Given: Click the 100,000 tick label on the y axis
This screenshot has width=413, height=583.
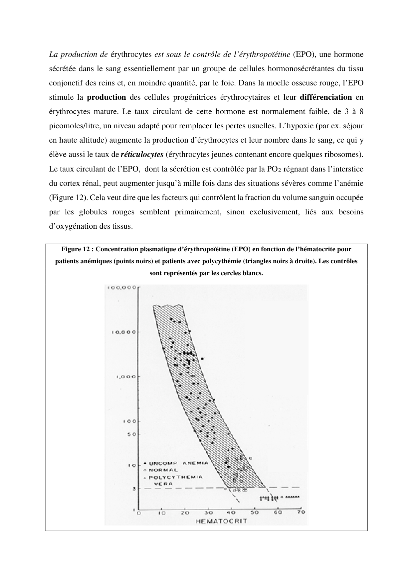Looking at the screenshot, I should (121, 288).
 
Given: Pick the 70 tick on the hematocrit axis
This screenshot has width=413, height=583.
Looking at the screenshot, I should (301, 513).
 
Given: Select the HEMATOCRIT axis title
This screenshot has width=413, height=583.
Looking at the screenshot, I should (222, 521).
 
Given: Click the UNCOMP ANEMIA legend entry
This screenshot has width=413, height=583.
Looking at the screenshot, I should (178, 463).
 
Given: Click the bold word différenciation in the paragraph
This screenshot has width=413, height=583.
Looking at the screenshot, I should (326, 97).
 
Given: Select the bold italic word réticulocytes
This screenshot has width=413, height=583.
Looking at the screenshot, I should (142, 155).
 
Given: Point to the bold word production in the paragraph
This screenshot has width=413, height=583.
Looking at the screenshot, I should (106, 97).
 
